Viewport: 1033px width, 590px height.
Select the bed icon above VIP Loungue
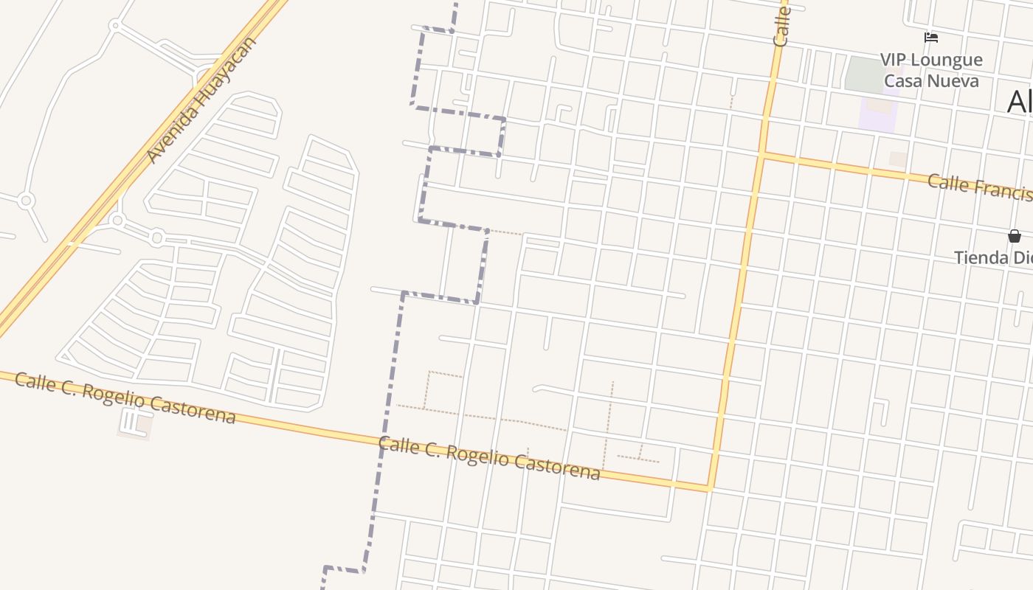coord(931,38)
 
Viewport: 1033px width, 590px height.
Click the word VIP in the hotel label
coord(896,60)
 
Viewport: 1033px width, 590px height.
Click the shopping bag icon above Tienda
coord(1015,236)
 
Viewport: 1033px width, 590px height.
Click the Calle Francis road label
coord(978,187)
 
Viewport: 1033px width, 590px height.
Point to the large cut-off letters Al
coord(1019,101)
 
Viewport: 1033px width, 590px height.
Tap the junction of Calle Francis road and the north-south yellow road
coord(762,154)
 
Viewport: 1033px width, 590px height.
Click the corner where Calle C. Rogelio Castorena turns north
coord(710,487)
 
